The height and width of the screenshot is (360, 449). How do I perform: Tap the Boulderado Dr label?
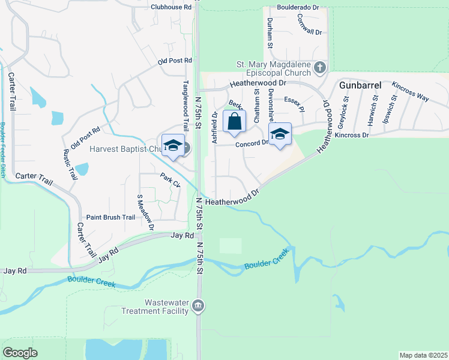point(298,7)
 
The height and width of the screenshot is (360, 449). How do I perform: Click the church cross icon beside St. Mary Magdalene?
point(319,67)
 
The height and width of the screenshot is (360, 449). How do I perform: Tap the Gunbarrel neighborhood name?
point(360,85)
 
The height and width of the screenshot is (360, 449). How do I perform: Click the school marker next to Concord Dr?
point(280,134)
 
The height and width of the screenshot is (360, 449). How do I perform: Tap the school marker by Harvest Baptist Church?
point(173,147)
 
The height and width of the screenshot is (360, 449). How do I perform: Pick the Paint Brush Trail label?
point(111,218)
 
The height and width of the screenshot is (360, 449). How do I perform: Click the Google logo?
point(20,353)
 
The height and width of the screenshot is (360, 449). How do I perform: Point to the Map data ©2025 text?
point(423,355)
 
